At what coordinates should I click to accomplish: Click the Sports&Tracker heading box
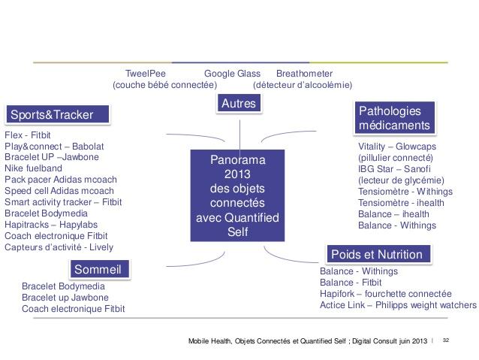click(58, 114)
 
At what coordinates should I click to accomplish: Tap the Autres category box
click(239, 103)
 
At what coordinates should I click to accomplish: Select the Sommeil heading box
click(99, 269)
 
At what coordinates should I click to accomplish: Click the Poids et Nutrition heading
click(378, 254)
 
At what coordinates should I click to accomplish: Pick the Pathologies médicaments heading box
click(394, 118)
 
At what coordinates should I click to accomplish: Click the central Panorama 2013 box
click(237, 195)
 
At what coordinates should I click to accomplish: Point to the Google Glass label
click(232, 74)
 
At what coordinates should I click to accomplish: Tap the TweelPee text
click(146, 74)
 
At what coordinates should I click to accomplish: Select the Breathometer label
click(304, 74)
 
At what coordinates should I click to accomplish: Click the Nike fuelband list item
click(33, 168)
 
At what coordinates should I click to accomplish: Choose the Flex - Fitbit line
click(28, 135)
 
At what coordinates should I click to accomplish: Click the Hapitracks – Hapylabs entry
click(51, 225)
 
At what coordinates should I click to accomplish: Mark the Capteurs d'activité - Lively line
click(59, 247)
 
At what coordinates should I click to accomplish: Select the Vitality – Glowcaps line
click(397, 147)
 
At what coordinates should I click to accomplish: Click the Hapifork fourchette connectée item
click(385, 294)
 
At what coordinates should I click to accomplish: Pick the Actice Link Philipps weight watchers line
click(398, 305)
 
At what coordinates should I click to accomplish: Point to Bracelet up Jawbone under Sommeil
click(65, 298)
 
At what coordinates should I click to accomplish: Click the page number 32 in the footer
click(446, 340)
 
